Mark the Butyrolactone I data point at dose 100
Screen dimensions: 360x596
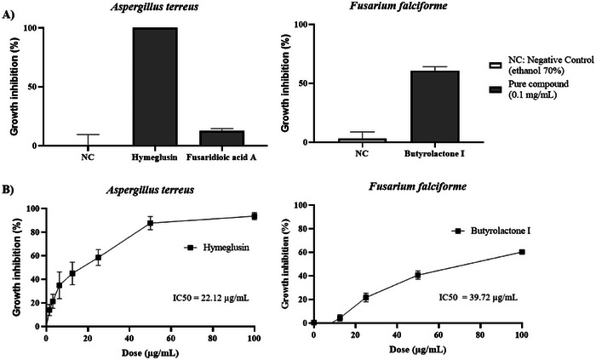pos(521,252)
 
